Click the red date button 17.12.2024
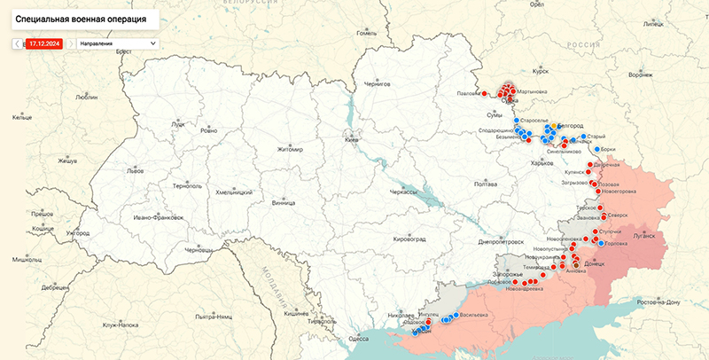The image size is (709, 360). click(x=43, y=43)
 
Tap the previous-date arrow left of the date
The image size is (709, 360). click(x=17, y=43)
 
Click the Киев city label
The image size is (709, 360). click(x=352, y=140)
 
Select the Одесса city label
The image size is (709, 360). click(x=359, y=339)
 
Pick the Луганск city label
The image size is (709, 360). click(x=643, y=237)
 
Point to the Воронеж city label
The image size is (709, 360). click(x=640, y=75)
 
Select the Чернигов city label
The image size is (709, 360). click(x=378, y=84)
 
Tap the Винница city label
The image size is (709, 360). click(x=284, y=202)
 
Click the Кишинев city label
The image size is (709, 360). click(x=296, y=314)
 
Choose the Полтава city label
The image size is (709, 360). click(x=486, y=184)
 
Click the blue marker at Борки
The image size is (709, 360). click(x=597, y=149)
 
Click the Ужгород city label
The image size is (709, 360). click(x=77, y=233)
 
